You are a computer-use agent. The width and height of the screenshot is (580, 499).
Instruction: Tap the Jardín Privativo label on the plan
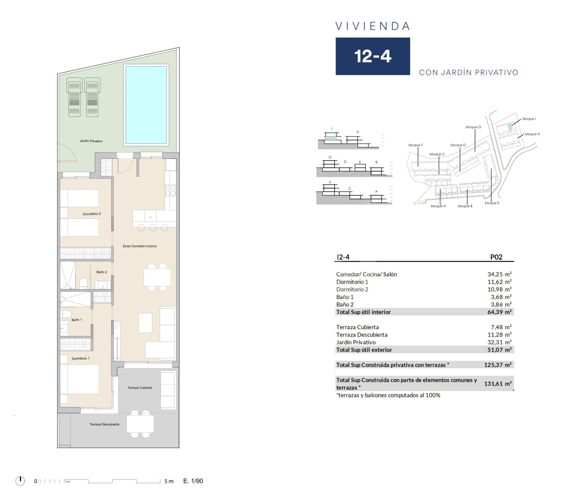[91, 141]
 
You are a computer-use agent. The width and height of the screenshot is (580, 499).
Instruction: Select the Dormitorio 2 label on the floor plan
[92, 214]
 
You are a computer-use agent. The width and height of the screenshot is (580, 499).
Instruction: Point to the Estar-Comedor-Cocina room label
[140, 246]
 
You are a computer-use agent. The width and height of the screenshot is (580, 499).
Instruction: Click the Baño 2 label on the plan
[102, 272]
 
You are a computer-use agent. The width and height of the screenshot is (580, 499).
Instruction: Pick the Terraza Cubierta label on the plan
[140, 388]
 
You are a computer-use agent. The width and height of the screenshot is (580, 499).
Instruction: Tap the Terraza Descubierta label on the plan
[104, 424]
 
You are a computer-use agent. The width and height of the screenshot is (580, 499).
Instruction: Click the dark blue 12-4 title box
[373, 56]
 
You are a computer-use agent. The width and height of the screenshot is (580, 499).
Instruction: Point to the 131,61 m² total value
[498, 384]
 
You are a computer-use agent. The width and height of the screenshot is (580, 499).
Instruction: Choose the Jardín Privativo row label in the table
[356, 342]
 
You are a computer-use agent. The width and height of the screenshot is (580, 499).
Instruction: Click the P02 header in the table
[496, 257]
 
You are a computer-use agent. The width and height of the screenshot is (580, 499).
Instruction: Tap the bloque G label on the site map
[473, 127]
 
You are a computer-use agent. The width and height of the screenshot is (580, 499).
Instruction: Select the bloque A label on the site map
[438, 206]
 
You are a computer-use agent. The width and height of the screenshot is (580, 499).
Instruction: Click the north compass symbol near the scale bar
[20, 481]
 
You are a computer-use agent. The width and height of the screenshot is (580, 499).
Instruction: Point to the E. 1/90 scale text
[193, 481]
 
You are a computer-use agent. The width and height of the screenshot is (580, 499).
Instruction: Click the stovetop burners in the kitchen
[170, 191]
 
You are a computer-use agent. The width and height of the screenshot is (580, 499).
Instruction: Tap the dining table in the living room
[157, 278]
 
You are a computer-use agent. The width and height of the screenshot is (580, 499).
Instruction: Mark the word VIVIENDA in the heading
[373, 26]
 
